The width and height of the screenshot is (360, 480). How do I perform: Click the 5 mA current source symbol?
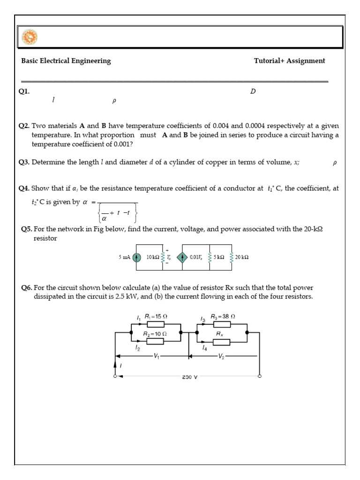(x=136, y=257)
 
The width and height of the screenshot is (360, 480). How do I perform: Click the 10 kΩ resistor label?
(x=153, y=257)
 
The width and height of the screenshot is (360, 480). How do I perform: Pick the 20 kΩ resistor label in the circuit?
(x=242, y=257)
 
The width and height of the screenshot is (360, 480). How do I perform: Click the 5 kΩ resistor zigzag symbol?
(x=210, y=257)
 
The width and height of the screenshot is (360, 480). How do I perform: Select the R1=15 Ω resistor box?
(x=157, y=324)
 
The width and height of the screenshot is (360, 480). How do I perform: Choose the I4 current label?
(x=204, y=348)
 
